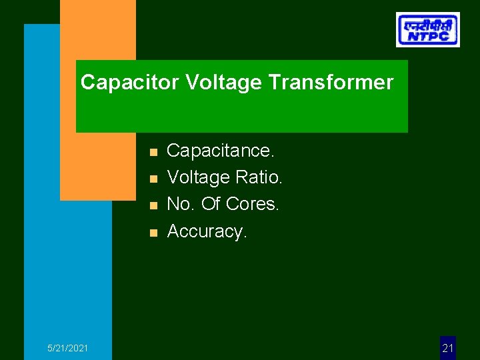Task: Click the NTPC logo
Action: tap(427, 29)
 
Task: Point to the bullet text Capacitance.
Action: tap(220, 151)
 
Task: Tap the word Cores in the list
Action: tap(253, 204)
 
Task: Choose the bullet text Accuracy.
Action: tap(207, 231)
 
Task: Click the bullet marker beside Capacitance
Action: tap(153, 153)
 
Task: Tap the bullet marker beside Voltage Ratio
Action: tap(153, 179)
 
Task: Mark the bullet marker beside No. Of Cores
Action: tap(153, 206)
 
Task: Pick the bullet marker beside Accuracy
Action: tap(153, 233)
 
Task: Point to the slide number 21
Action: tap(448, 348)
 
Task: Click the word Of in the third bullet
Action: tap(211, 204)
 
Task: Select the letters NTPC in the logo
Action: tap(427, 37)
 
